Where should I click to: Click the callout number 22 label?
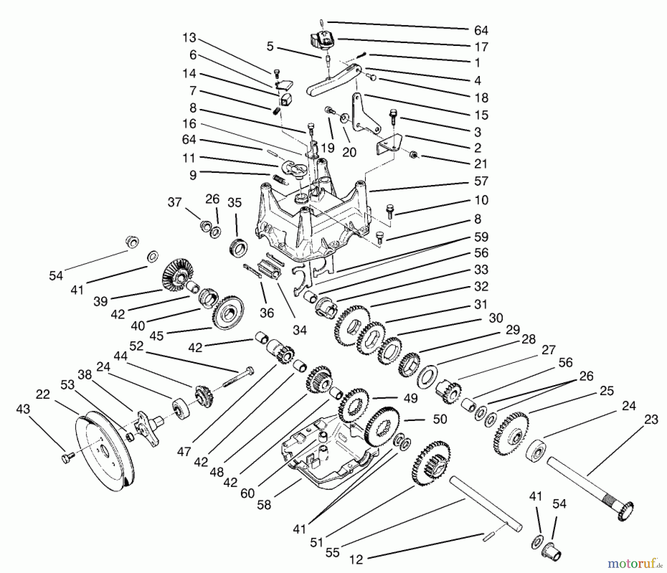click(43, 394)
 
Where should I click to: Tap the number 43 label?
click(23, 410)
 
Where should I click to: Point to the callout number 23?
click(651, 420)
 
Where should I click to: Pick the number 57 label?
click(481, 181)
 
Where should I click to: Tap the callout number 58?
click(264, 504)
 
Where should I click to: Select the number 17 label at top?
click(481, 47)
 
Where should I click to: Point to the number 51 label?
click(317, 542)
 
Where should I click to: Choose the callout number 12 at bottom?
click(356, 559)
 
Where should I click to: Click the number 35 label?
click(235, 203)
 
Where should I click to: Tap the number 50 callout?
click(440, 419)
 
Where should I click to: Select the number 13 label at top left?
click(189, 38)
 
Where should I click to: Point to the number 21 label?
click(481, 164)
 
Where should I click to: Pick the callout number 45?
click(156, 336)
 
